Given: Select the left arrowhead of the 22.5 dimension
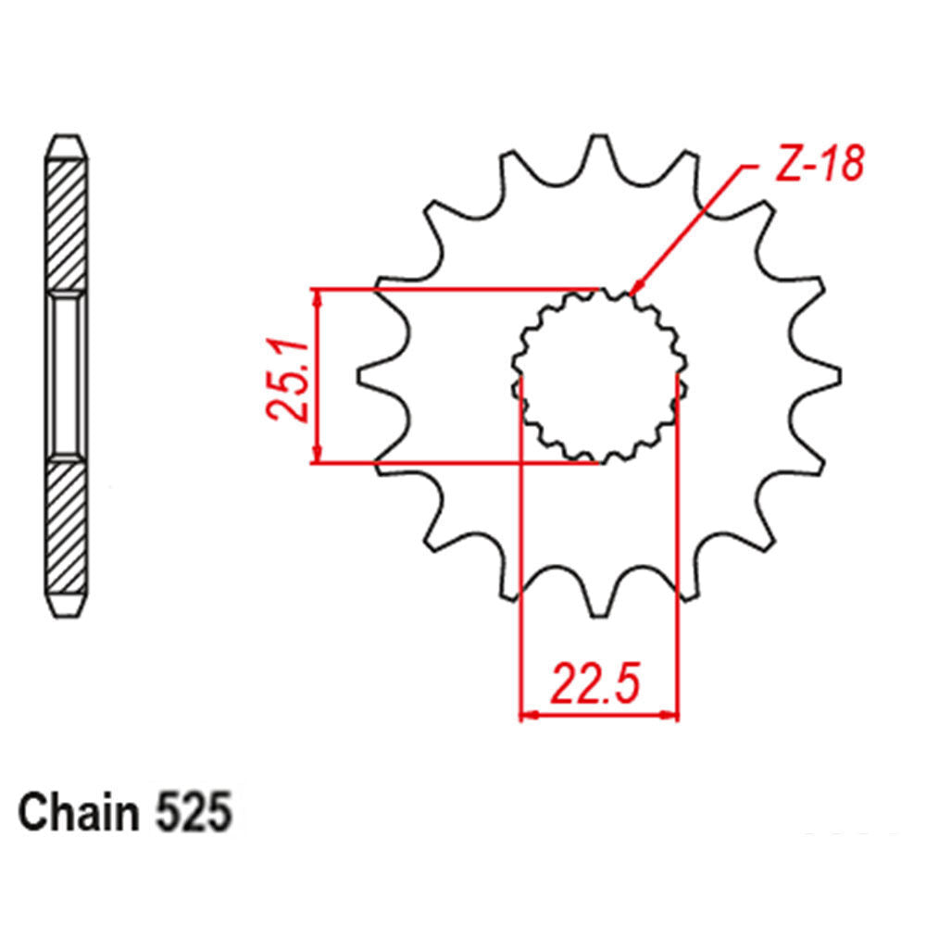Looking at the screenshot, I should point(529,715).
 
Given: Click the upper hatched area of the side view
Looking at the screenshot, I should point(69,222).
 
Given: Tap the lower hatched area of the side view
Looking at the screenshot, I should point(69,528).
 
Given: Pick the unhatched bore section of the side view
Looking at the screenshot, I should point(69,375).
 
